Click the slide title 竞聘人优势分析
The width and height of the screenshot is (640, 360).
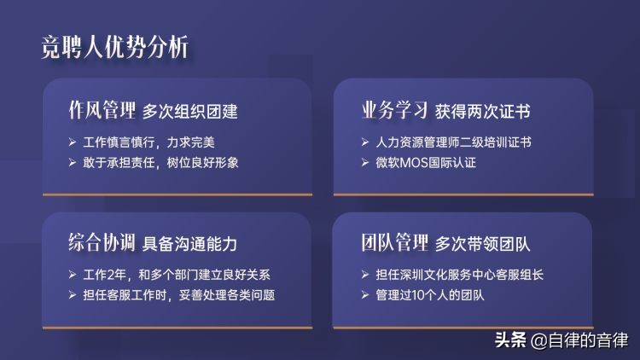115,46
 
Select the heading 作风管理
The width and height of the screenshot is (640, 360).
102,111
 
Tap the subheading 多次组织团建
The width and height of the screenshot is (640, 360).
189,112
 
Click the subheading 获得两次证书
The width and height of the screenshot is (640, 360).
483,112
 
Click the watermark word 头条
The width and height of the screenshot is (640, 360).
510,340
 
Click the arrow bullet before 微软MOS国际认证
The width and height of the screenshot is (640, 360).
365,161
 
